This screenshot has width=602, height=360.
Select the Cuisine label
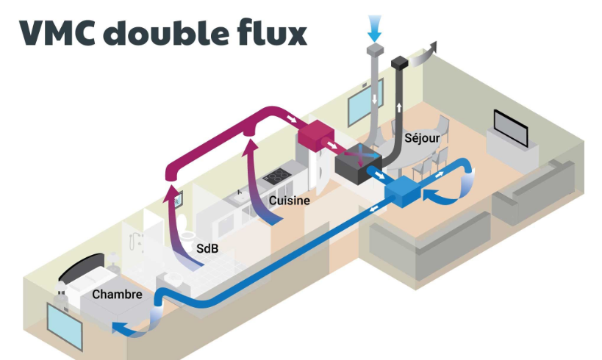(x=288, y=200)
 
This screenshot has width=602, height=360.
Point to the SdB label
(x=207, y=248)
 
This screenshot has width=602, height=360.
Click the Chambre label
(x=117, y=295)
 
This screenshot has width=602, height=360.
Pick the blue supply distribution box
(x=402, y=192)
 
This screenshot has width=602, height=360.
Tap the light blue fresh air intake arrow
(x=376, y=28)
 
